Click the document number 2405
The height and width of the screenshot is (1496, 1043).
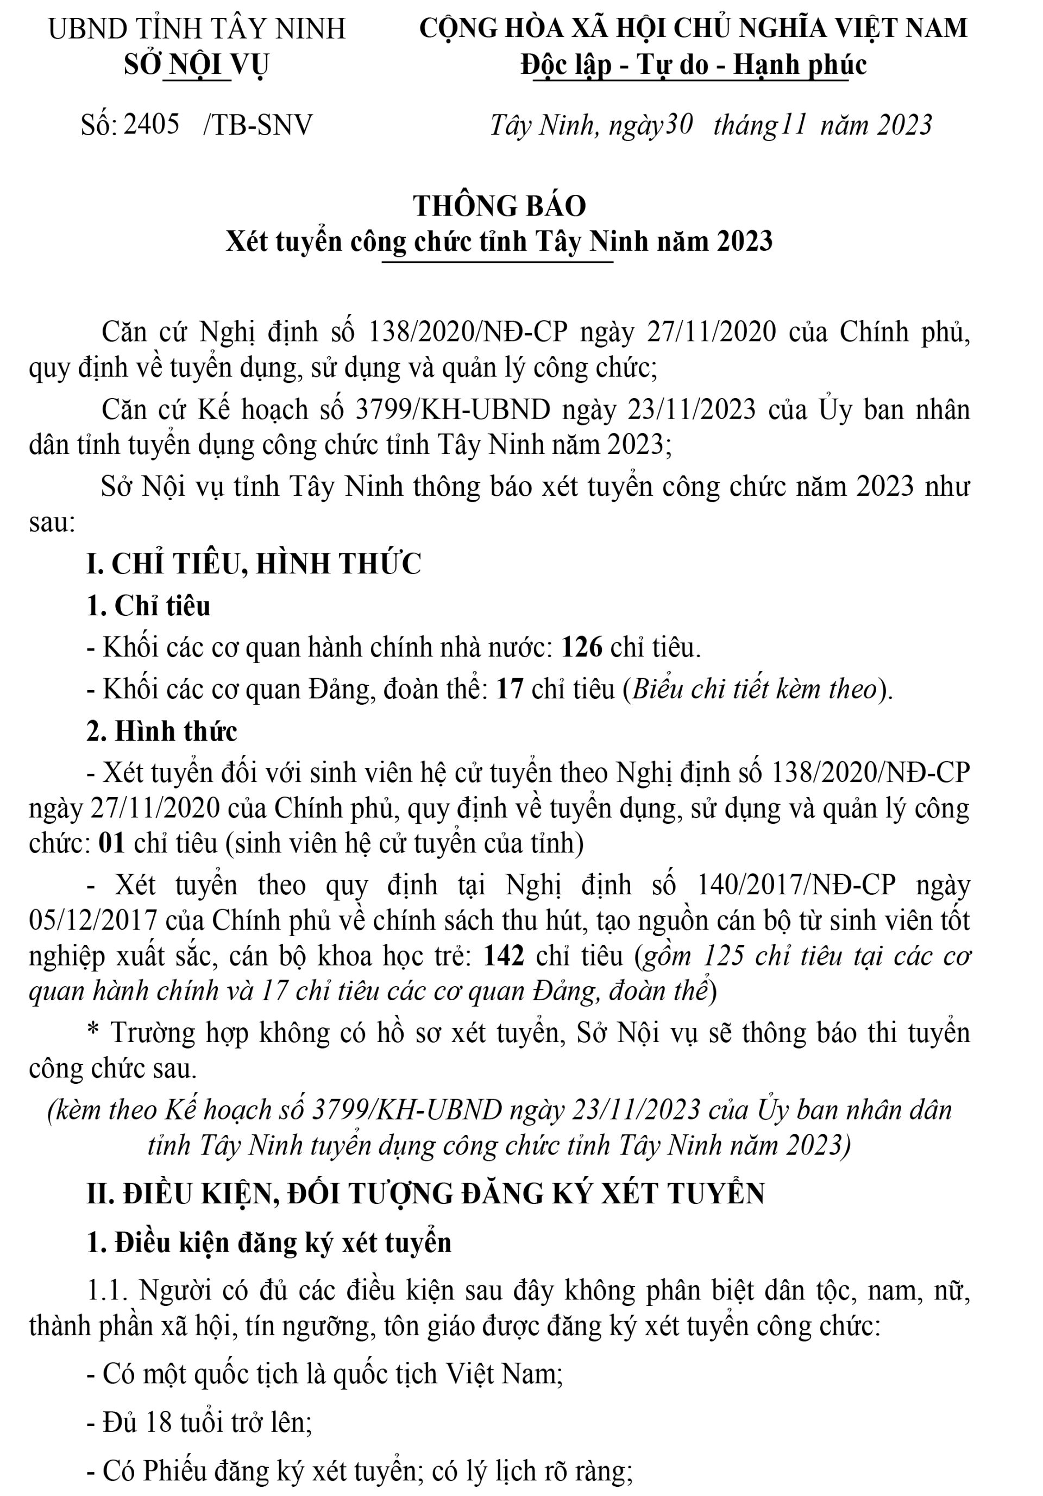coord(151,124)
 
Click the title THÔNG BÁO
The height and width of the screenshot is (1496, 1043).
coord(499,206)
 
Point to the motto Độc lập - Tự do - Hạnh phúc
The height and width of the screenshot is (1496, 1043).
coord(694,65)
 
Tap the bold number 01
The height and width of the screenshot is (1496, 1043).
coord(111,843)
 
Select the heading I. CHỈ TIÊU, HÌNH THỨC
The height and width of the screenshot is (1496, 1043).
coord(254,564)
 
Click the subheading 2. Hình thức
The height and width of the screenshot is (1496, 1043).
coord(162,731)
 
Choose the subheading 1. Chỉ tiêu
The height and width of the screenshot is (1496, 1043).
coord(149,606)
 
